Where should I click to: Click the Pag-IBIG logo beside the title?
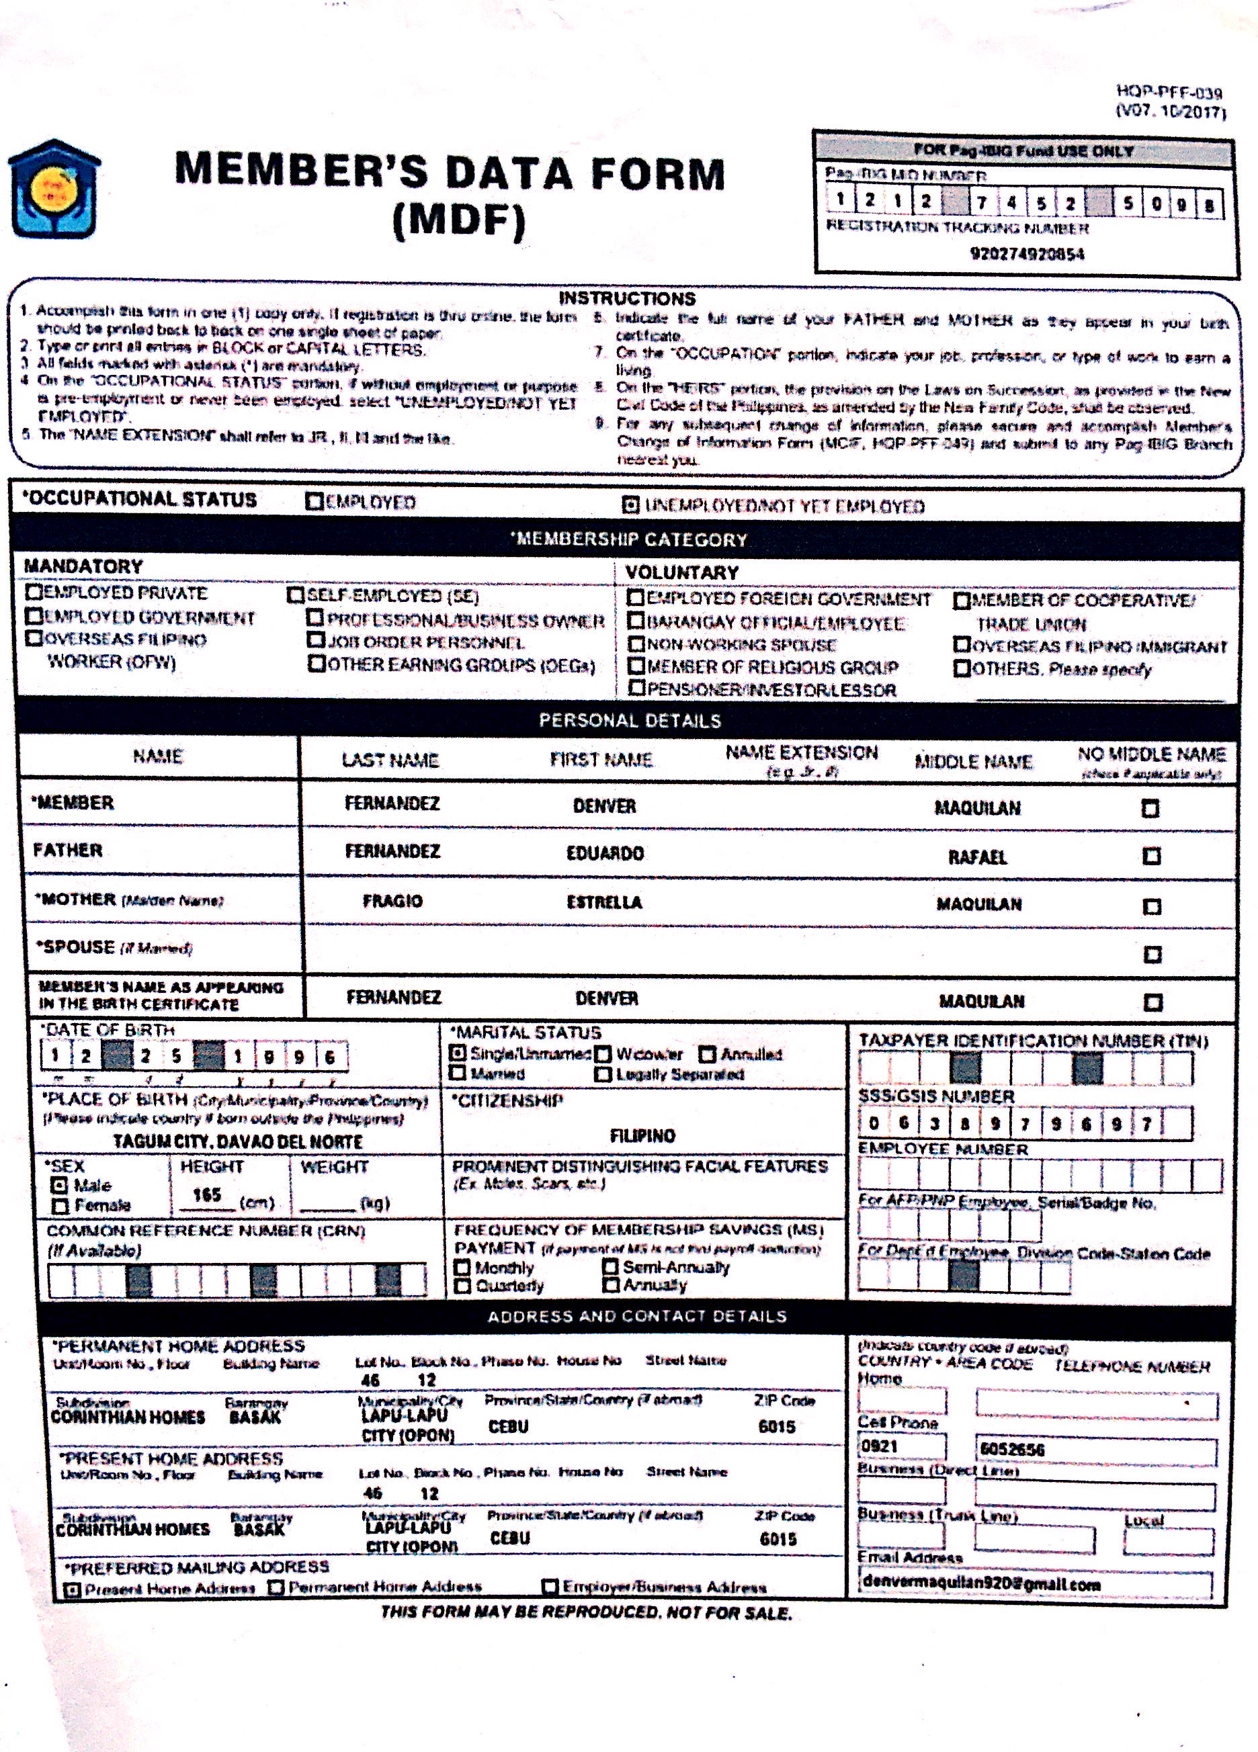(x=54, y=189)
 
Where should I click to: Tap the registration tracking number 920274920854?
(x=1027, y=254)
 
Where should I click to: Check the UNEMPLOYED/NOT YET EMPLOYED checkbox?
(x=630, y=506)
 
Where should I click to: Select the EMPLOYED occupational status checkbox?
(x=314, y=502)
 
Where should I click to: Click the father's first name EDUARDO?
(x=605, y=854)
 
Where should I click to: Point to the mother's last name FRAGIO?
(x=392, y=902)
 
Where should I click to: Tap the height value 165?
(x=207, y=1195)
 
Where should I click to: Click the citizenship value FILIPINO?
(x=642, y=1135)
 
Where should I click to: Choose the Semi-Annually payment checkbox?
(x=610, y=1267)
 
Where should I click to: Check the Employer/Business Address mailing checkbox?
(x=550, y=1587)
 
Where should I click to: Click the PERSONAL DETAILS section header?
(x=630, y=721)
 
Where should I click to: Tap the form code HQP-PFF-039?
(x=1169, y=94)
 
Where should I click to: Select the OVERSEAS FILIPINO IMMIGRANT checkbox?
(x=962, y=644)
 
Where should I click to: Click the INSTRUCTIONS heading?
(x=627, y=299)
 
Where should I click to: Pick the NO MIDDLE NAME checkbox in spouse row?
(x=1152, y=955)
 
